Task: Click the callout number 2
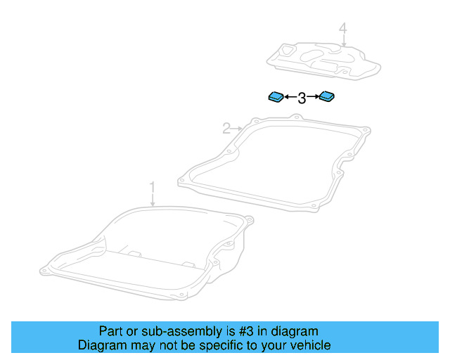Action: click(226, 128)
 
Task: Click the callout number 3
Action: click(302, 98)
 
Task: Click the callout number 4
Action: click(342, 29)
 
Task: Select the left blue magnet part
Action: click(276, 96)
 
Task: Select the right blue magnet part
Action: click(327, 96)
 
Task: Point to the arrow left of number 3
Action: click(290, 98)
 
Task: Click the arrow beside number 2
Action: click(237, 128)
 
